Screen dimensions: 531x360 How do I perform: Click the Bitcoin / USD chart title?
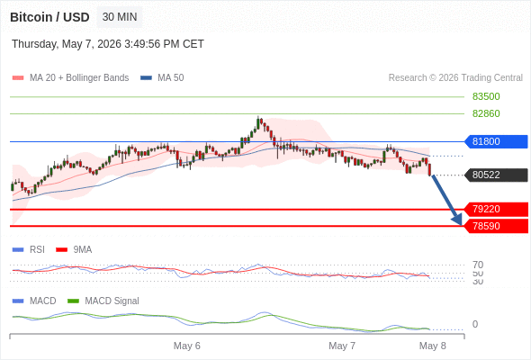coord(49,17)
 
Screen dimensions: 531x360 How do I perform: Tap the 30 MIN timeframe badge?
coord(120,17)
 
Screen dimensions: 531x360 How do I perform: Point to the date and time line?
coord(108,44)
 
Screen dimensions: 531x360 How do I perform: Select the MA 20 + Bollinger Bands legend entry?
coord(70,78)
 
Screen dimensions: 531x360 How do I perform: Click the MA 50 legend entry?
coord(162,78)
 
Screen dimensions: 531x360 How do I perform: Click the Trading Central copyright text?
coord(455,78)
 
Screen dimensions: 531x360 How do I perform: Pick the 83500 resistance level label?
coord(486,96)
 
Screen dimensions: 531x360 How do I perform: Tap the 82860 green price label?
coord(486,113)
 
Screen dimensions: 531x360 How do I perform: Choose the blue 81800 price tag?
coord(495,141)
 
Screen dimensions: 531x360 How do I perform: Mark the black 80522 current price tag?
coord(495,175)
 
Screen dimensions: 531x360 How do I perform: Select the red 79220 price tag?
coord(495,210)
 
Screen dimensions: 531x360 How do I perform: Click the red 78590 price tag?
coord(495,226)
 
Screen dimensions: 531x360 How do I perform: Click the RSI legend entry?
coord(29,250)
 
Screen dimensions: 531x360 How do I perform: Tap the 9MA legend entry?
coord(74,250)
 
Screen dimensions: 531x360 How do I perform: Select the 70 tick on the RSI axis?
coord(478,265)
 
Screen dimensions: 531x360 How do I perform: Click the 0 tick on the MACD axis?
coord(475,324)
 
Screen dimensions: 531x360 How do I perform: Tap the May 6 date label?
coord(187,346)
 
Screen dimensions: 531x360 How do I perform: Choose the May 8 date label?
coord(433,346)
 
